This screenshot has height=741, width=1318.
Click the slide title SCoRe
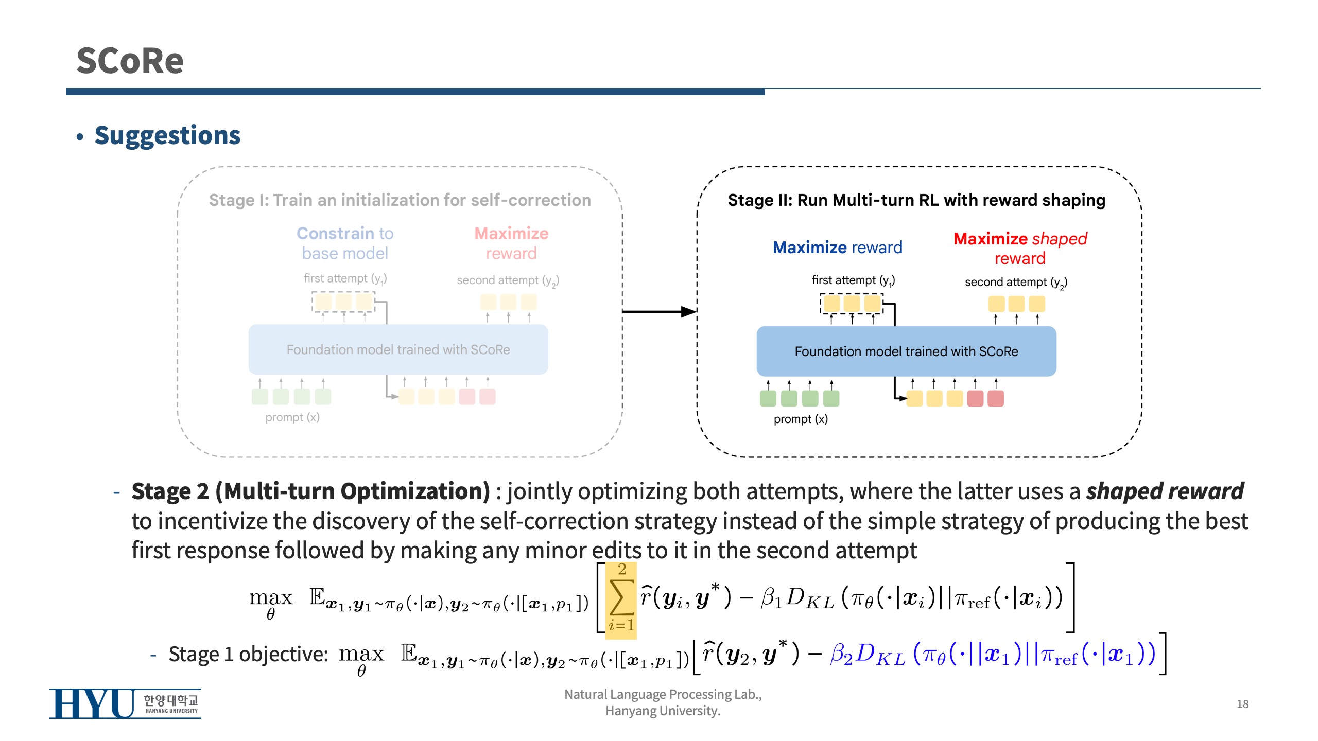pyautogui.click(x=130, y=61)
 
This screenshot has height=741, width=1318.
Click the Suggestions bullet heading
pyautogui.click(x=167, y=135)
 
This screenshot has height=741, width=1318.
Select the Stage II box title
pyautogui.click(x=916, y=200)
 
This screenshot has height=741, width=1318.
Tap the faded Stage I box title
pyautogui.click(x=400, y=200)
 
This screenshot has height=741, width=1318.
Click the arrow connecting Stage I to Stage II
pyautogui.click(x=659, y=311)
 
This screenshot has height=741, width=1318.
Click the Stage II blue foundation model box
pyautogui.click(x=906, y=351)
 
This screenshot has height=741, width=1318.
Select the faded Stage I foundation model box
pyautogui.click(x=398, y=349)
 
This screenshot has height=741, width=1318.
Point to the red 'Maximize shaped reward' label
pyautogui.click(x=1020, y=248)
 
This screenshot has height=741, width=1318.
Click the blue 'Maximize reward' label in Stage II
pyautogui.click(x=838, y=248)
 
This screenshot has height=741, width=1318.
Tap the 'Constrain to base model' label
pyautogui.click(x=345, y=243)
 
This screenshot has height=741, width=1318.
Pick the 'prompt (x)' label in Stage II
pyautogui.click(x=801, y=419)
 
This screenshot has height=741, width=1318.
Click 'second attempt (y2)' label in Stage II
pyautogui.click(x=1016, y=282)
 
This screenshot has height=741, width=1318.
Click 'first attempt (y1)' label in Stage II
pyautogui.click(x=853, y=280)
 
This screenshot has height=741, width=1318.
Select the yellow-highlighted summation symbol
pyautogui.click(x=621, y=600)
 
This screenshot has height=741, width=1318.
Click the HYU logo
pyautogui.click(x=125, y=703)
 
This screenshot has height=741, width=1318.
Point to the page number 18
pyautogui.click(x=1242, y=704)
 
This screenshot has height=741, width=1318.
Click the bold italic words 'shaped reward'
pyautogui.click(x=1165, y=491)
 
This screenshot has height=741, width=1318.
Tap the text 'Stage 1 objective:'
pyautogui.click(x=248, y=654)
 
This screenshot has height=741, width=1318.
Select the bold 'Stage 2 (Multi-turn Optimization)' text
pyautogui.click(x=311, y=491)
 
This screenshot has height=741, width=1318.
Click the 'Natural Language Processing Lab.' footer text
pyautogui.click(x=663, y=694)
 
